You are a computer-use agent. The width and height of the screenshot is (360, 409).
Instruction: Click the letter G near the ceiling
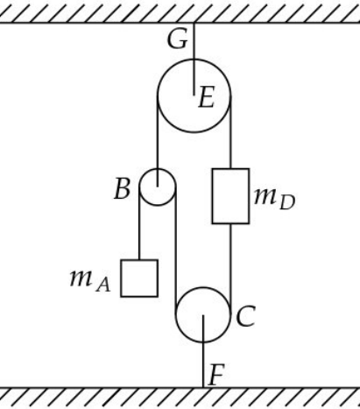[177, 39]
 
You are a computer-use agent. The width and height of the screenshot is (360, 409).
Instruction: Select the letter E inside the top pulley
[207, 97]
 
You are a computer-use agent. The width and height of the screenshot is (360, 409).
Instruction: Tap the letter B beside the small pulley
[122, 188]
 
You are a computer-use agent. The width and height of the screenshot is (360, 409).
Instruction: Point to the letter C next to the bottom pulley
[246, 316]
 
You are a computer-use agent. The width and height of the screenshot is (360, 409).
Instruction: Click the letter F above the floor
[216, 374]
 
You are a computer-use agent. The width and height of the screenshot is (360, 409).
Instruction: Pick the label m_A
[90, 280]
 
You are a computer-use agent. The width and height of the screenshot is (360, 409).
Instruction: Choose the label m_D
[275, 199]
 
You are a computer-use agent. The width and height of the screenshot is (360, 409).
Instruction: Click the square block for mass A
[139, 279]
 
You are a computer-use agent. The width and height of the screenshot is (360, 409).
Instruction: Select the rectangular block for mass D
[230, 196]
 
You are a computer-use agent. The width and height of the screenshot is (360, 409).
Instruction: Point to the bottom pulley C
[203, 287]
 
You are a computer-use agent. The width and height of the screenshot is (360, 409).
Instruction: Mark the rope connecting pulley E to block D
[230, 132]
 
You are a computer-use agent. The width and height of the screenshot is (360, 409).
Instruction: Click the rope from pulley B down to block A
[139, 223]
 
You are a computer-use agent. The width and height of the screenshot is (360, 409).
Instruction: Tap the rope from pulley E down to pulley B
[158, 141]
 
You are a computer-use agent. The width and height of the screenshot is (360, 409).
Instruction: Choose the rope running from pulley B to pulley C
[175, 251]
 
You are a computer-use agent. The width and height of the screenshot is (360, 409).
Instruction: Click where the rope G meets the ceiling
[194, 23]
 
